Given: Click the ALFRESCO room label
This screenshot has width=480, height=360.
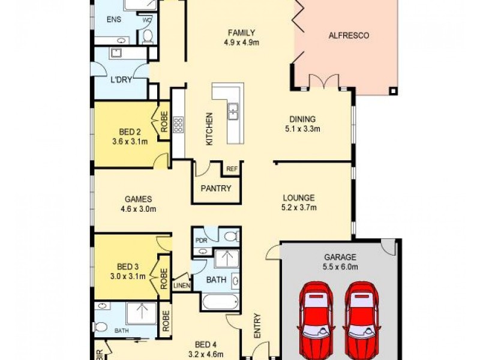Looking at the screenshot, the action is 349,35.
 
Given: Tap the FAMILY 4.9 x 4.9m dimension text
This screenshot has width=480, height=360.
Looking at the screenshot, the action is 242,43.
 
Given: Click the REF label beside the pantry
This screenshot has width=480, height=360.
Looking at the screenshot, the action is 232,169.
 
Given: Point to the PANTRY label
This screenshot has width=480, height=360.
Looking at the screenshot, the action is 216,188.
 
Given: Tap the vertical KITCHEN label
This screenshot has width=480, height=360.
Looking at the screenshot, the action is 209,129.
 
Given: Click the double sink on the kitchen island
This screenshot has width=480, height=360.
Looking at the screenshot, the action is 233,112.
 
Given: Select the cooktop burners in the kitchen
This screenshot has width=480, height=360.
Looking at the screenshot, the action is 178,125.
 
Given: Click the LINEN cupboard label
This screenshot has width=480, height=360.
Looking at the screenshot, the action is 182,286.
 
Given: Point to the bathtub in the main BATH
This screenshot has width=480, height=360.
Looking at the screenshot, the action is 220,302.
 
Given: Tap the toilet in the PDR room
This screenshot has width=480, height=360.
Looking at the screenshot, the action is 232,236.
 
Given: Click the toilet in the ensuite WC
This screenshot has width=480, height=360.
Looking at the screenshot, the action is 148,37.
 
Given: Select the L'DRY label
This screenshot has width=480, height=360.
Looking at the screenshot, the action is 121,80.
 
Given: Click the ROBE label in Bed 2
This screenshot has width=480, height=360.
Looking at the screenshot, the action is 164,122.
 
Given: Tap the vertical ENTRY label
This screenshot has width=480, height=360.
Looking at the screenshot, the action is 257,326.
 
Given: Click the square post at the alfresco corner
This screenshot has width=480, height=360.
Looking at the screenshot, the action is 394,91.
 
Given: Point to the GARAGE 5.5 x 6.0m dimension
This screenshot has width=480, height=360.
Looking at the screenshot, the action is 340,267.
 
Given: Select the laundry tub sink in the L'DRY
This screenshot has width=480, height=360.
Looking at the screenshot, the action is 116,53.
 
